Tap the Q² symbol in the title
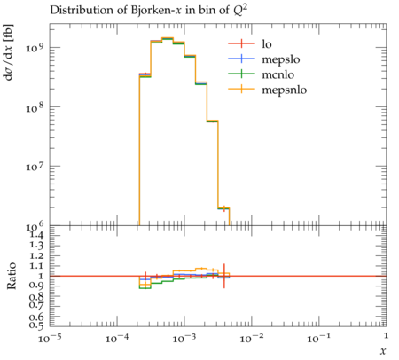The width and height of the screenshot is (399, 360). click(x=240, y=10)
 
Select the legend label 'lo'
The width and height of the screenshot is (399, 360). click(x=267, y=43)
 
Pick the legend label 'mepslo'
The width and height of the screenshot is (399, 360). click(x=281, y=59)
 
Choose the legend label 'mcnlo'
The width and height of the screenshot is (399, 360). click(x=278, y=74)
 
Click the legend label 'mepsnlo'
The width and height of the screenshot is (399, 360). click(x=284, y=90)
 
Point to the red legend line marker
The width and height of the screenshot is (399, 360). click(x=241, y=43)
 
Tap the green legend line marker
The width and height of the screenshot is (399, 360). click(x=241, y=74)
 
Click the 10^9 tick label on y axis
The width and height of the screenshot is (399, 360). click(x=35, y=47)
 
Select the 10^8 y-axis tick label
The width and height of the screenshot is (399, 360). click(x=35, y=106)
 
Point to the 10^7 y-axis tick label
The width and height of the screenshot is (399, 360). click(x=35, y=166)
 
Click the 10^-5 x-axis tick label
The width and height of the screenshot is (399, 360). click(x=50, y=338)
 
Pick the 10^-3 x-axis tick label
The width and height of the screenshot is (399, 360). click(x=184, y=338)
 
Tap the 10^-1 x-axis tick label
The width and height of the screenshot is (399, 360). click(x=318, y=338)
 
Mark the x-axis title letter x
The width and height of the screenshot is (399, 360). click(x=383, y=351)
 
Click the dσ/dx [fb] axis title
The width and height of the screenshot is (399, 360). click(x=8, y=52)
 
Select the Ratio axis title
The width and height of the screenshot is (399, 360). click(x=12, y=276)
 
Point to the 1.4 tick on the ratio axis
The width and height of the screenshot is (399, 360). click(x=36, y=235)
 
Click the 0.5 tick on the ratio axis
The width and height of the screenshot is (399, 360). click(x=36, y=325)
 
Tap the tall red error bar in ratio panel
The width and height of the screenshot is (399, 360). click(x=224, y=276)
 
